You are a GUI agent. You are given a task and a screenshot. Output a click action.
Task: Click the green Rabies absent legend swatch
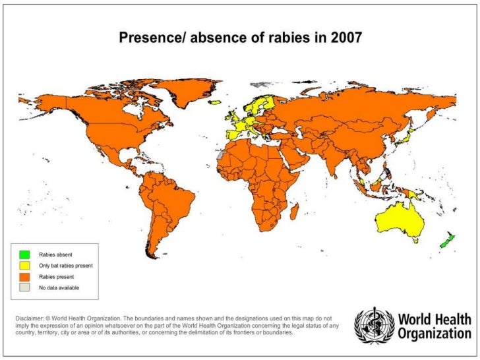pos(24,254)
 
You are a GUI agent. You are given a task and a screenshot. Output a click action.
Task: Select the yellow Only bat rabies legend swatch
pos(24,265)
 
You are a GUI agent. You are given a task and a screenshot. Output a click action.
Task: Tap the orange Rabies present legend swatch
pos(24,277)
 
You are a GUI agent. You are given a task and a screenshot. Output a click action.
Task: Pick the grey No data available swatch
pos(24,288)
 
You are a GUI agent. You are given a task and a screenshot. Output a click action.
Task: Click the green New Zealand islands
pos(449,240)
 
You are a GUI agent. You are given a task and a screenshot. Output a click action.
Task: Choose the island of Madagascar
pos(295,212)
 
